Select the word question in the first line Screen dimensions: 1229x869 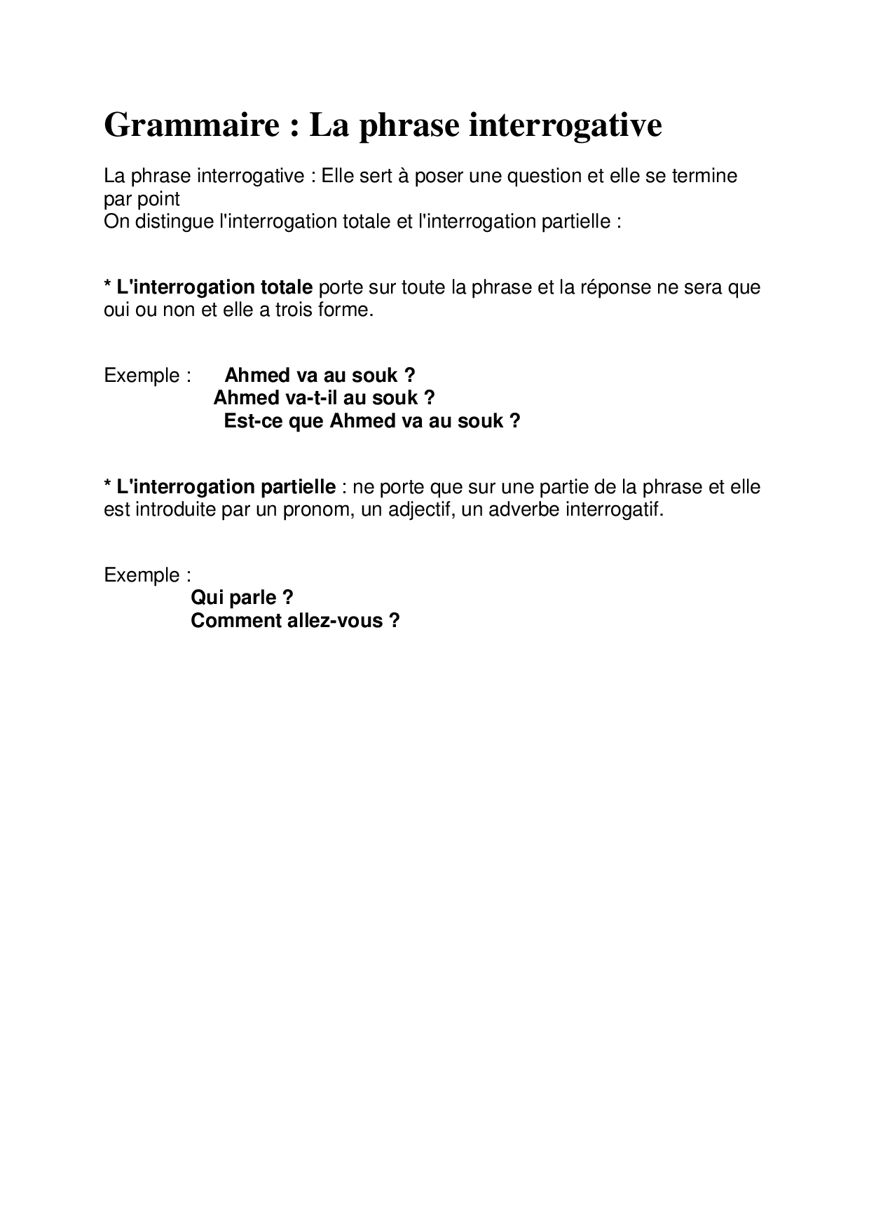pos(545,176)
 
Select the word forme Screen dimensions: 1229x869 pos(348,310)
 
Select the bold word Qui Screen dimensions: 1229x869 pos(205,598)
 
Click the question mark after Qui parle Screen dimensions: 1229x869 pos(287,598)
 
